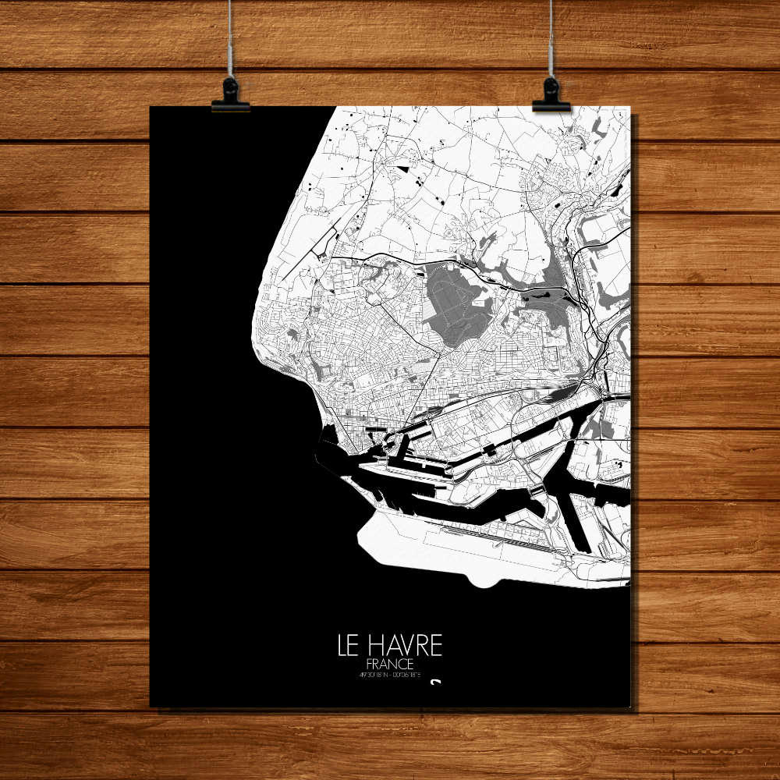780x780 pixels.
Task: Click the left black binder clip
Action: tap(230, 94)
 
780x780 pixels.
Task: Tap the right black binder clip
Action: tap(551, 94)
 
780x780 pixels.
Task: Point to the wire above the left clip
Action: tap(230, 39)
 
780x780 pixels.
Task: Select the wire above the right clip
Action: tap(551, 39)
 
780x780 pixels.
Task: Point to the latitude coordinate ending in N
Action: tap(370, 675)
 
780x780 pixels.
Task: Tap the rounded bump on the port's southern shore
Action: tap(484, 582)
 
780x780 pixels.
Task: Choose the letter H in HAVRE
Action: tap(376, 645)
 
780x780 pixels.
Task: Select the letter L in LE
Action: tap(342, 645)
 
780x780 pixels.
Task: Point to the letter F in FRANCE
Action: tap(368, 664)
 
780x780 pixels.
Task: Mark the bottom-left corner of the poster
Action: tap(151, 707)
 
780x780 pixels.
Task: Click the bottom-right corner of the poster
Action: tap(629, 707)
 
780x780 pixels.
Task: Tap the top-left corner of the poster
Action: tap(151, 107)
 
